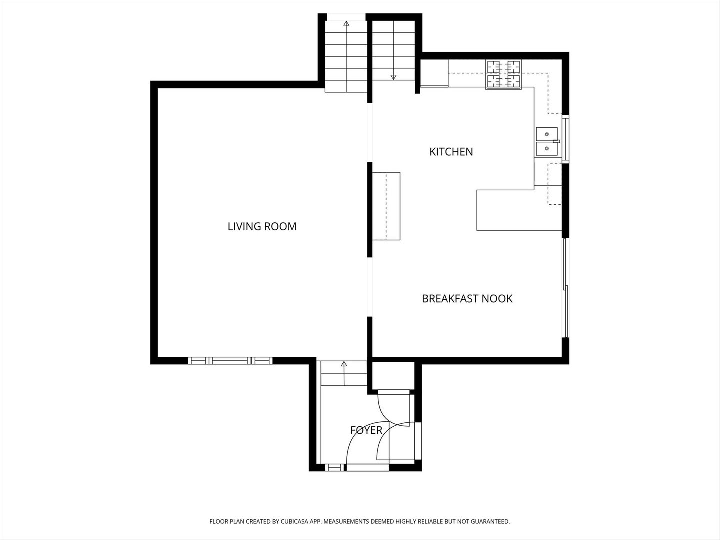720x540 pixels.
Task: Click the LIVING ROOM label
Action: (262, 226)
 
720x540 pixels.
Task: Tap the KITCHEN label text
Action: (451, 152)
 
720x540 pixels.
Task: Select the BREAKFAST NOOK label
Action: (467, 299)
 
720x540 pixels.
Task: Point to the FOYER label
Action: (366, 430)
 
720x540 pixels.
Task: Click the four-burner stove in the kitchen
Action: (503, 75)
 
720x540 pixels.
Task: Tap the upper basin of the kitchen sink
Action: (546, 134)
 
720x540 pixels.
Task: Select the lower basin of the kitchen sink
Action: (546, 148)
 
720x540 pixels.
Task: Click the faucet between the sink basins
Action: (556, 142)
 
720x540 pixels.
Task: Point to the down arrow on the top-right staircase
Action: (393, 77)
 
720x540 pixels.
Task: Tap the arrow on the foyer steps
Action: (344, 364)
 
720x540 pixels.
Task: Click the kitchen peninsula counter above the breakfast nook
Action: (519, 210)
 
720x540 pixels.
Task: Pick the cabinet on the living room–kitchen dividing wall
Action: (386, 206)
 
